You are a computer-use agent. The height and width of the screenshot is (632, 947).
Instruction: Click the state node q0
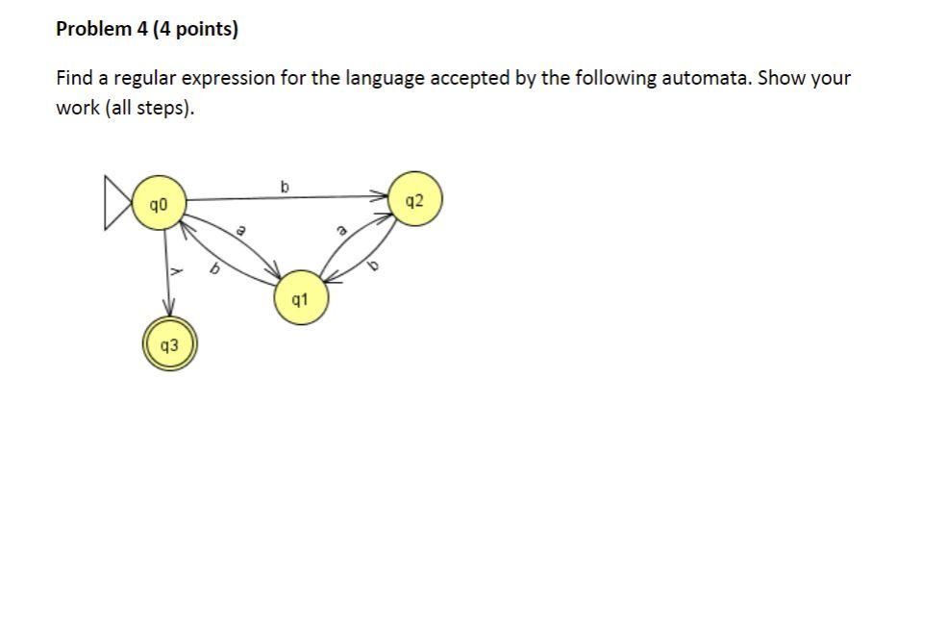coord(159,203)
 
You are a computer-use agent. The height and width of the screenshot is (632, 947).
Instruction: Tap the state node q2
coord(413,200)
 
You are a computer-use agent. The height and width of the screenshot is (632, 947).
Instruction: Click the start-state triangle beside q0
coord(118,203)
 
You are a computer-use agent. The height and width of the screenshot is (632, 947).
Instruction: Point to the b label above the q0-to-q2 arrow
coord(284,185)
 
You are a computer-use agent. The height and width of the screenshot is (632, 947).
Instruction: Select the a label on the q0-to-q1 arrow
coord(242,231)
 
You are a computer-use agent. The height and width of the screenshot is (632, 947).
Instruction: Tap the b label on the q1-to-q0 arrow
coord(215,273)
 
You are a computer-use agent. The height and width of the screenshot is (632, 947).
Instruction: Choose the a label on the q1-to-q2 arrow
coord(340,231)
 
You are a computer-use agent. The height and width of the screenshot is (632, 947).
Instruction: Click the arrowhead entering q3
coord(170,310)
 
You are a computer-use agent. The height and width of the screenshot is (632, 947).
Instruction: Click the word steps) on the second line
coord(165,108)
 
